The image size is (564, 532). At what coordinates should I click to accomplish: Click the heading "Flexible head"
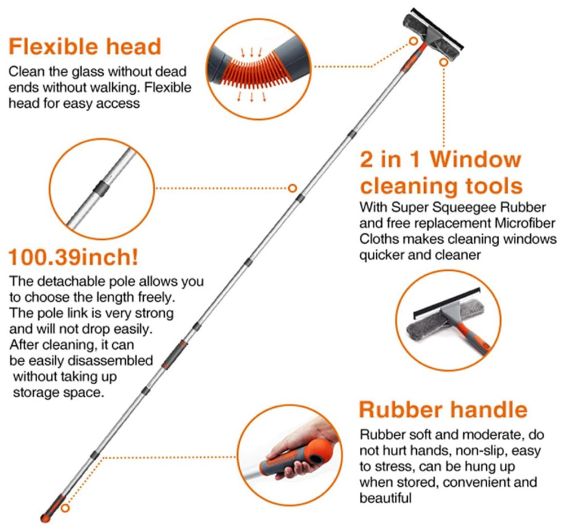85,46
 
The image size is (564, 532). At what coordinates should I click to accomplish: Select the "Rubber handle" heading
443,410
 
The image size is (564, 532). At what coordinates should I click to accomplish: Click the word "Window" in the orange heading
475,159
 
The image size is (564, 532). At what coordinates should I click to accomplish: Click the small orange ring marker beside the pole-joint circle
292,188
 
